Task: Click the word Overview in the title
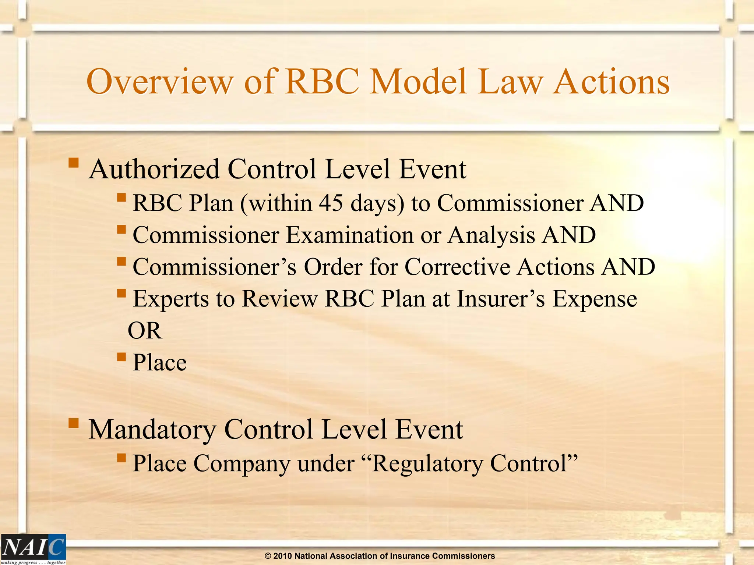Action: [x=160, y=82]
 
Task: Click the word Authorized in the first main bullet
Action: [x=154, y=170]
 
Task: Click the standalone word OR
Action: [x=144, y=331]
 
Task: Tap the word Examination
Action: [x=350, y=235]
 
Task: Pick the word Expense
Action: [x=595, y=299]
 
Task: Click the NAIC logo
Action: [x=33, y=549]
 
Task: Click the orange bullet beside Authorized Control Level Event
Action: [x=74, y=162]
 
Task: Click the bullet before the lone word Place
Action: [x=121, y=357]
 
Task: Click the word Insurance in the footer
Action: [x=409, y=556]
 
